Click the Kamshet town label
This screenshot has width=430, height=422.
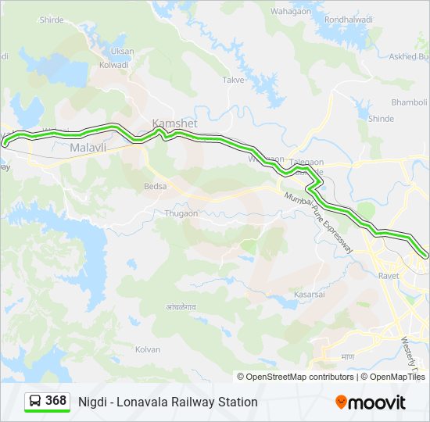[174, 124]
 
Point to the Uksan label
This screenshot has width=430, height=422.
[122, 51]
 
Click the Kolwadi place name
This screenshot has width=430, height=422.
[114, 65]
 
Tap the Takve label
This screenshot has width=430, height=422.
[233, 80]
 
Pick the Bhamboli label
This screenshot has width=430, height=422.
[409, 102]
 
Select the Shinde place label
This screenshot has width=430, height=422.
[381, 119]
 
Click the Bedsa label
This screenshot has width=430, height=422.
[156, 187]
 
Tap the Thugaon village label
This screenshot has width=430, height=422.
[181, 213]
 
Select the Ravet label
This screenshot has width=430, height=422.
[388, 276]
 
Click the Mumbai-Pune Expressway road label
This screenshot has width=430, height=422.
[321, 222]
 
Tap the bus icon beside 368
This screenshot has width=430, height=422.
[36, 402]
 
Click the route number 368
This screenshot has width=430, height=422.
[56, 401]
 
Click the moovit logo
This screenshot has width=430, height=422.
[371, 402]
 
